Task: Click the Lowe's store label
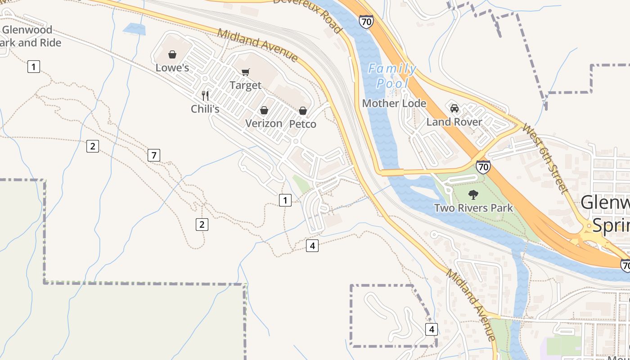[172, 68]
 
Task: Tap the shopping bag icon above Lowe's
[172, 55]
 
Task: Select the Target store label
[245, 85]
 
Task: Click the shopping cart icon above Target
[245, 72]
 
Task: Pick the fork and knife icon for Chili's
[205, 95]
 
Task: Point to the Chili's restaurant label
[205, 109]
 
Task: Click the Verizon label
[264, 123]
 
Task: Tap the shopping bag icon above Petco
[303, 111]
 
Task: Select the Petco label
[302, 124]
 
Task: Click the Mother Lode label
[394, 103]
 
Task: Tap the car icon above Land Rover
[454, 108]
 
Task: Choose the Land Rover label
[454, 122]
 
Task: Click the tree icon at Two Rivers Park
[473, 195]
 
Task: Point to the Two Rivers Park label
[473, 208]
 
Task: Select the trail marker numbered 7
[154, 156]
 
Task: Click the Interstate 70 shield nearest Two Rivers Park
[483, 167]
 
